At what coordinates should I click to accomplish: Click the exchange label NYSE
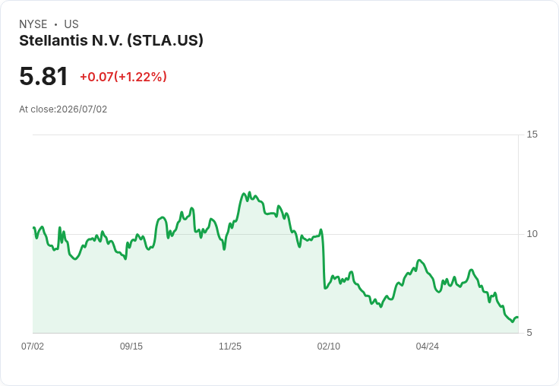33,24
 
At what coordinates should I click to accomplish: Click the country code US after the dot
71,24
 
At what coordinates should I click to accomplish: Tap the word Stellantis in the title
53,40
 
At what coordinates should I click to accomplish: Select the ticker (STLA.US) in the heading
165,41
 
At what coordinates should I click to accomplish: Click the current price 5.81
43,76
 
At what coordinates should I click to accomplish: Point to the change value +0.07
96,77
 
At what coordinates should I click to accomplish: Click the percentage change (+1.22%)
141,77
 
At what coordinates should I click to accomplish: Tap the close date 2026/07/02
81,109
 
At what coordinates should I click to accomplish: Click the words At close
36,109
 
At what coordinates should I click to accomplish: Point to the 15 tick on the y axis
532,134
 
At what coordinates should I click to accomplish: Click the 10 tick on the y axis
532,234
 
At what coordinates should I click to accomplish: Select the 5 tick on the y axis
529,333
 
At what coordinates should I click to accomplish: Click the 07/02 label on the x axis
33,346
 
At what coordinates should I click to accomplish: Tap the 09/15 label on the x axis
131,346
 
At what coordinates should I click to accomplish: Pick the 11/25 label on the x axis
230,346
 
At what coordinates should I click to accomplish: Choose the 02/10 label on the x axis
329,346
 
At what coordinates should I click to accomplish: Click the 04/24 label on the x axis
427,346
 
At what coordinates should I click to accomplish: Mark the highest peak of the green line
249,192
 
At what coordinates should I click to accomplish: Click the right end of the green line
518,317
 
